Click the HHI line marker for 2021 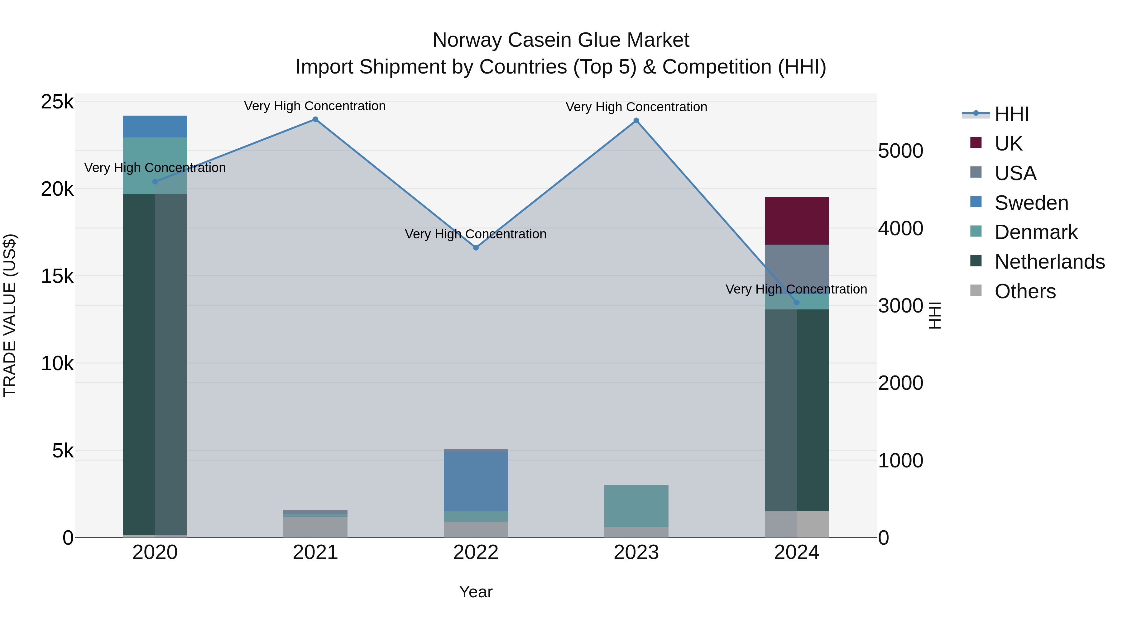click(315, 119)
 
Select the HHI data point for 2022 click(476, 248)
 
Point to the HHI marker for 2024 click(797, 303)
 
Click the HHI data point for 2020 click(155, 182)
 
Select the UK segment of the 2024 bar click(797, 221)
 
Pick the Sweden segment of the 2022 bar click(476, 481)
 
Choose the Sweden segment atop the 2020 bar click(155, 126)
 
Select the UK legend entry click(1008, 144)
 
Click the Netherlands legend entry click(1049, 262)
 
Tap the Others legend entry click(1024, 291)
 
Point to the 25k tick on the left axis click(57, 102)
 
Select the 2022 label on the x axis click(476, 552)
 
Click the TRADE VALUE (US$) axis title click(10, 315)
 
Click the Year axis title click(476, 592)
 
